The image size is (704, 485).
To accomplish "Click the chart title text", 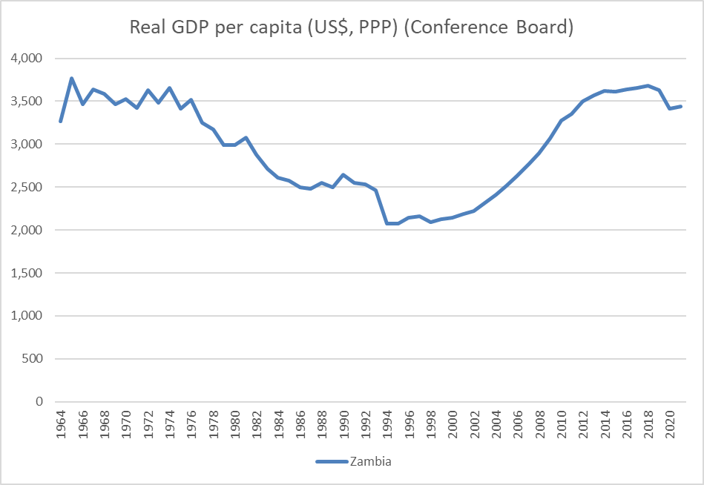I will (x=352, y=28).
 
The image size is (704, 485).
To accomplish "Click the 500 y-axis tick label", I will (x=33, y=359).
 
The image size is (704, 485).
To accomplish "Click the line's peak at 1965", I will (x=72, y=78).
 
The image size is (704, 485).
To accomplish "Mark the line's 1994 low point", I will (x=387, y=223).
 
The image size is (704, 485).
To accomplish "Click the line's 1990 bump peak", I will (x=343, y=175).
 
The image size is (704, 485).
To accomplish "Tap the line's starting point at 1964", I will (x=61, y=121).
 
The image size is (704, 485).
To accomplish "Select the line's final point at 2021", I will (x=680, y=106).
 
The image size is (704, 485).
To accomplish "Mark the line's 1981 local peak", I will (x=246, y=138).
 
